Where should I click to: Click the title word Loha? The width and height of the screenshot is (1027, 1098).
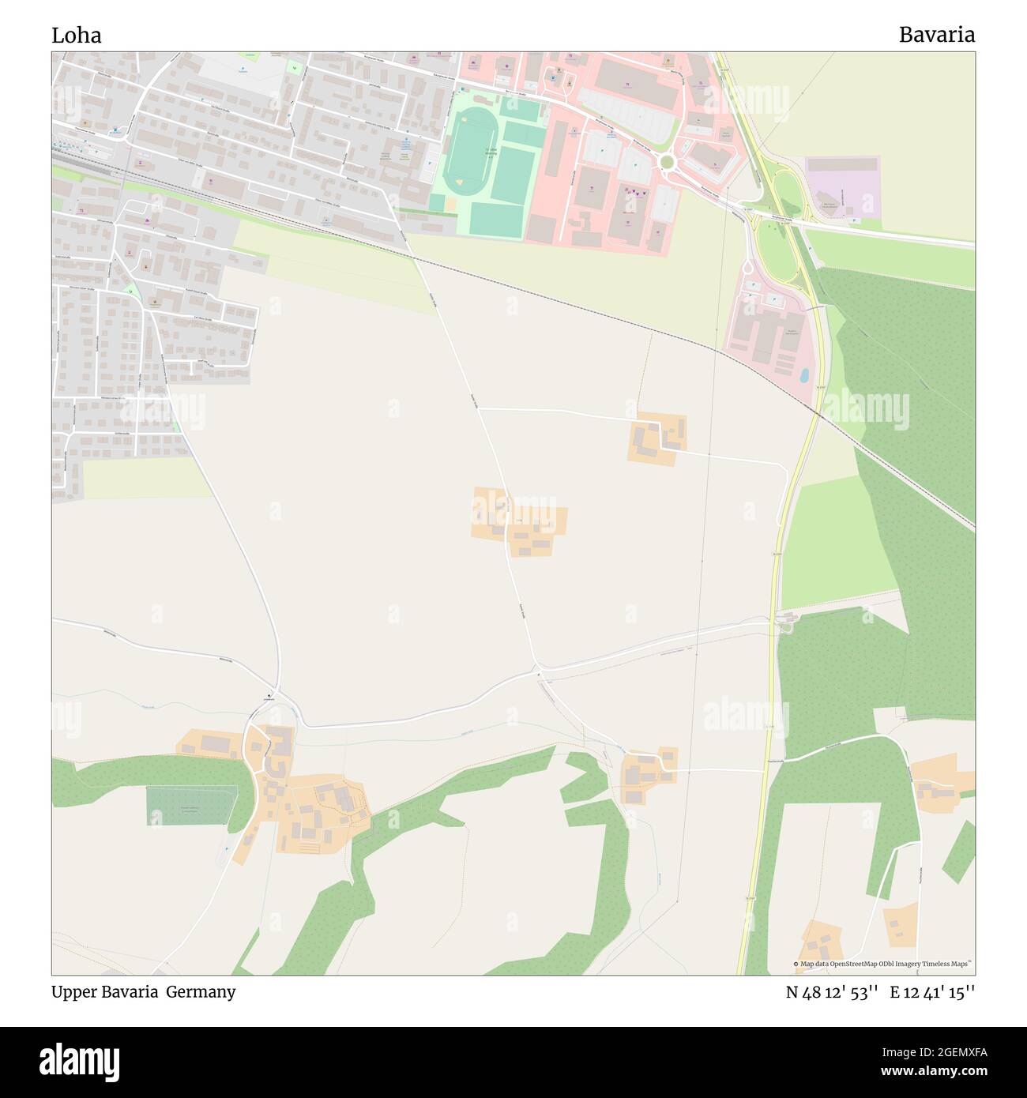click(76, 36)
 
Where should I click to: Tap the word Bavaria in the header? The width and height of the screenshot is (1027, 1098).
click(936, 35)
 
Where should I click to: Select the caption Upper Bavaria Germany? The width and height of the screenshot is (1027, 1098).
click(143, 991)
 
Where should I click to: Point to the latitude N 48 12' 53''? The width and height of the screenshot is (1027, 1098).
click(832, 992)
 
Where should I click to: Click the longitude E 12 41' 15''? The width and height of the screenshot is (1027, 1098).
click(932, 992)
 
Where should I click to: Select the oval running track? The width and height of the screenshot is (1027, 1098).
click(470, 152)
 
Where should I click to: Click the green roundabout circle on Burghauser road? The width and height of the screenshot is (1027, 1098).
click(667, 162)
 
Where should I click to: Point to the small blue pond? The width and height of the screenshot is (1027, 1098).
click(804, 375)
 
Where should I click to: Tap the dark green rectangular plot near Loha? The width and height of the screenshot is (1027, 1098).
click(190, 806)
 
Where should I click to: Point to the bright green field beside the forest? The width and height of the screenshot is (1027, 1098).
click(837, 537)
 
